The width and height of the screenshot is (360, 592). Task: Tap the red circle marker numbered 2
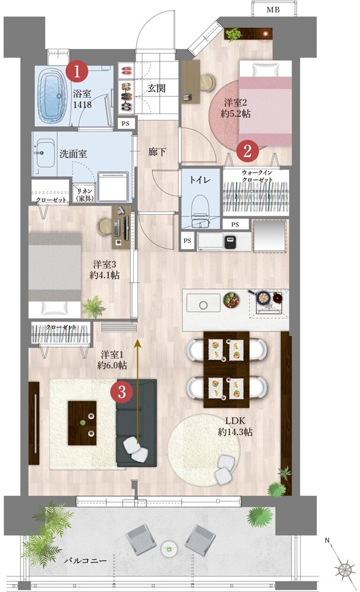pos(247,150)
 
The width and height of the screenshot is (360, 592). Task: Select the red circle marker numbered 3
pos(122,391)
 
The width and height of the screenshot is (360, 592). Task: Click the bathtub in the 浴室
pos(54,94)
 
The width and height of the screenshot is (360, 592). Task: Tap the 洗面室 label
pos(73,153)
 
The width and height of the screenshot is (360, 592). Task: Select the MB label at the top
pos(273,10)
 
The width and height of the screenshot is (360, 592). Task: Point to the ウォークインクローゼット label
pos(256,176)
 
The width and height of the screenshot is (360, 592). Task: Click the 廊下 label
pos(157,152)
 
